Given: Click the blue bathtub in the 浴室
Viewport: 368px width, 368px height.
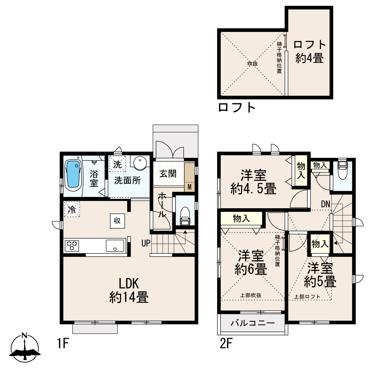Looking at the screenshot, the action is [x=73, y=174].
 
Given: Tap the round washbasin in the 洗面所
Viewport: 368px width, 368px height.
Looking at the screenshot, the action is [x=140, y=163].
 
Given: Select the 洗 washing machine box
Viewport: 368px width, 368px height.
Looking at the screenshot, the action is [x=117, y=164].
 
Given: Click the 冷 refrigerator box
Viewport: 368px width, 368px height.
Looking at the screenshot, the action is [x=72, y=209].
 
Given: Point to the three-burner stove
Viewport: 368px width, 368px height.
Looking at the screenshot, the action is [x=72, y=246].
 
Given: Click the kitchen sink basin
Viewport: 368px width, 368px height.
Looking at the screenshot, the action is [x=115, y=246].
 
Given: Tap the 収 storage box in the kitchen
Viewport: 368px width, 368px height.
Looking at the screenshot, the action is [x=117, y=221].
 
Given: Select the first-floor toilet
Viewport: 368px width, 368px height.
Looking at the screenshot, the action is [x=185, y=216].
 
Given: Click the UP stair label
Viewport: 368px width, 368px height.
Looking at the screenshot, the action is [x=146, y=243].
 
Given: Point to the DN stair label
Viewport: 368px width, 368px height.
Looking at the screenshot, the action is [x=325, y=204].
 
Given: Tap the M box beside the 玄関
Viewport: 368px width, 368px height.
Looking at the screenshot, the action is [x=190, y=187].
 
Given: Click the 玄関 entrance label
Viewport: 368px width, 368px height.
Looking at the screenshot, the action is [x=168, y=174].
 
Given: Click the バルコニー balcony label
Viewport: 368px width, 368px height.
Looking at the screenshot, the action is [x=252, y=323].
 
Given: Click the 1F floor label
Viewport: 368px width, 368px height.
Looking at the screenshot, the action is [x=63, y=343].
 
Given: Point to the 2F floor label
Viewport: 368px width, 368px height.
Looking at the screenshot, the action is [x=226, y=343].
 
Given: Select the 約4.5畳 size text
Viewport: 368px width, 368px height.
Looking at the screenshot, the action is [x=253, y=189].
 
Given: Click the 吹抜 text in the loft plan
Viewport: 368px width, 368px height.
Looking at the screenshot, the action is [x=252, y=63].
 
